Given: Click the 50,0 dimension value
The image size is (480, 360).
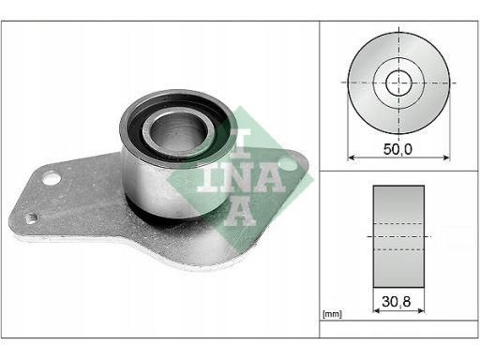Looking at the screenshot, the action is tap(397, 149).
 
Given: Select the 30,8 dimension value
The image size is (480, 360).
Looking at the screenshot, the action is tap(397, 302).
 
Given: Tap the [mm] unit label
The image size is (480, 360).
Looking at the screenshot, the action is tap(332, 314).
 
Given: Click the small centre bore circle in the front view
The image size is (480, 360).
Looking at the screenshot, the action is tap(398, 82).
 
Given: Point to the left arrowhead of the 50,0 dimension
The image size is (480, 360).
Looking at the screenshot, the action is tap(352, 157).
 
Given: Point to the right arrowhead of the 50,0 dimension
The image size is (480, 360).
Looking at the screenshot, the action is tap(446, 157).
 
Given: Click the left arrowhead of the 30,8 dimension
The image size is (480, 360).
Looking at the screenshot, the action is tap(377, 310).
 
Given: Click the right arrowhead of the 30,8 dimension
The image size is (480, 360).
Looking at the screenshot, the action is tap(421, 310).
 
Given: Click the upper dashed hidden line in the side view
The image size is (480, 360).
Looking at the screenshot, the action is tap(398, 224).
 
